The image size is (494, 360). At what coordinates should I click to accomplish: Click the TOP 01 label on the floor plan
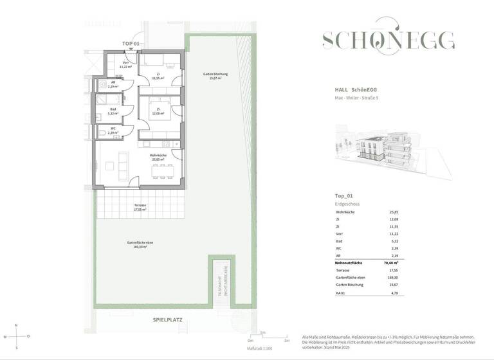point(131,44)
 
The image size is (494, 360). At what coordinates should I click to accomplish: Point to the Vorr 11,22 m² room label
point(126,64)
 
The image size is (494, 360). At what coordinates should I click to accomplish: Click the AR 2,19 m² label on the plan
point(113,84)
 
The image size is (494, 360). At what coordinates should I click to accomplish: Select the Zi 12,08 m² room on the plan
point(158,112)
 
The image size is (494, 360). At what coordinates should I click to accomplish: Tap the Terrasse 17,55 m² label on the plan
point(140,207)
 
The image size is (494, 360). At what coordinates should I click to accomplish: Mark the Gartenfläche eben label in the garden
point(140,244)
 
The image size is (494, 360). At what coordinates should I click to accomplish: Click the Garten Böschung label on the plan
point(215,76)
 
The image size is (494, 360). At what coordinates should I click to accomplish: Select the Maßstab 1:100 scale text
point(260,348)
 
